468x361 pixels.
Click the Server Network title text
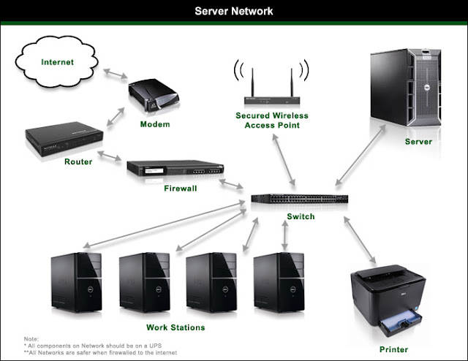tap(234, 11)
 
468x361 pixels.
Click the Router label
tap(78, 161)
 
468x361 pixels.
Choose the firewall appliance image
tap(175, 170)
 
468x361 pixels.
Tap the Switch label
tap(301, 216)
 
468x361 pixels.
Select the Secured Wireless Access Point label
tap(272, 120)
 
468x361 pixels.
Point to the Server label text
tap(418, 141)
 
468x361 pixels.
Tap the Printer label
tap(394, 349)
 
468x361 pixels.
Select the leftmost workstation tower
tap(77, 282)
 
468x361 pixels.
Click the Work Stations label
tap(175, 327)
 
